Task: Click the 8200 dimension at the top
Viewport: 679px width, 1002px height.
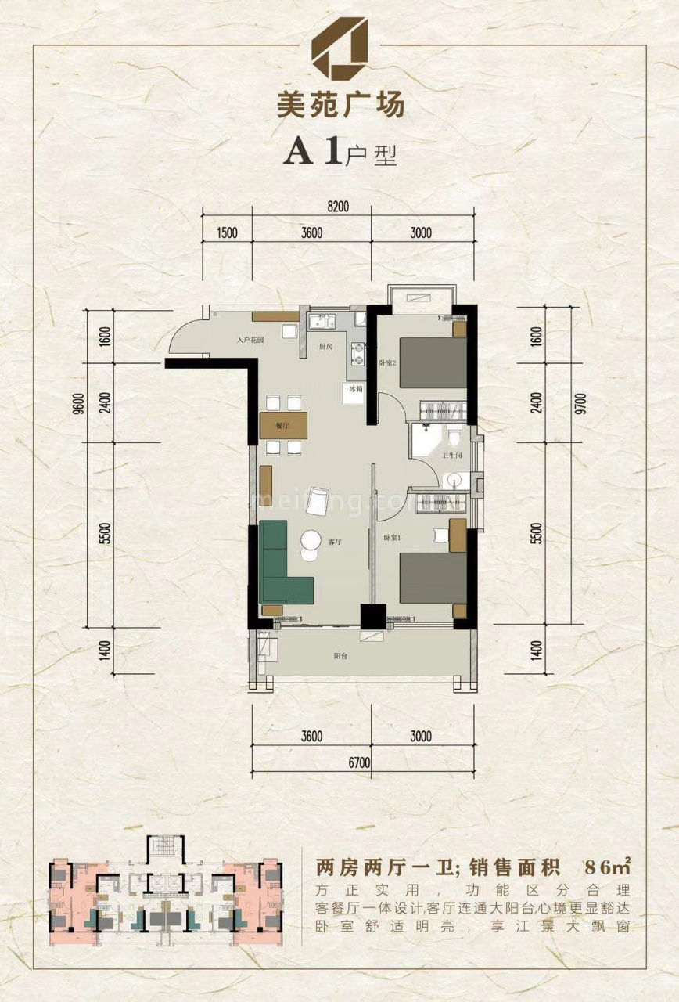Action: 337,207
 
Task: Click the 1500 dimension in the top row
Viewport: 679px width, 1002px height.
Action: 228,232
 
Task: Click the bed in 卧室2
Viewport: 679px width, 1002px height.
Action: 433,362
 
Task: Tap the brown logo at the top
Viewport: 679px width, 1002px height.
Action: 339,52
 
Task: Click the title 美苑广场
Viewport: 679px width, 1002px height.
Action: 339,104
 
